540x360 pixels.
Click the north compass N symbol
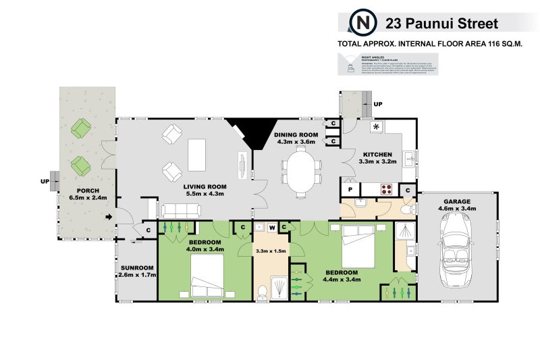pos(362,24)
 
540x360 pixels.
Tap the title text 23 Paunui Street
pos(441,24)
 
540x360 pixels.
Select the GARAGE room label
pos(458,201)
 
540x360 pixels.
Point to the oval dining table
pos(300,171)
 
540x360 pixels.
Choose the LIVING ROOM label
pos(205,187)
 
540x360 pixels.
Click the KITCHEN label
pos(376,155)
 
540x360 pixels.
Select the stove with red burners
pos(388,190)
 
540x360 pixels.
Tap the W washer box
pos(272,227)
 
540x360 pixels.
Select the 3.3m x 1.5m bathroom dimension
pos(271,251)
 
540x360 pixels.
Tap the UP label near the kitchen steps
pos(378,105)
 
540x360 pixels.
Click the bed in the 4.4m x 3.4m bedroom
pos(356,247)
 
